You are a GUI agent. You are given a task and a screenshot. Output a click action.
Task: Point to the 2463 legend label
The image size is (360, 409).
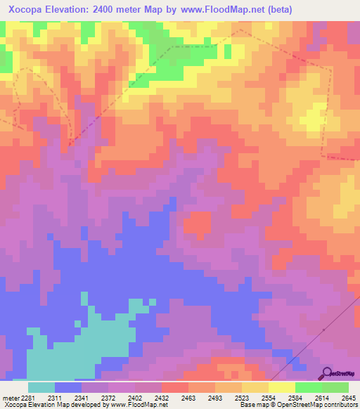189,398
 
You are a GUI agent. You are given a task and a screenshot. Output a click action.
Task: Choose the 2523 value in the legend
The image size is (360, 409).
241,398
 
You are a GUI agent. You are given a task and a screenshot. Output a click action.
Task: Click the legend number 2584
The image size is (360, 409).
295,398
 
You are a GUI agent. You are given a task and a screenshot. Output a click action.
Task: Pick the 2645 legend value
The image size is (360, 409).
348,398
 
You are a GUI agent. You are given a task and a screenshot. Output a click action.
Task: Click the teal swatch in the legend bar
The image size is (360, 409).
41,387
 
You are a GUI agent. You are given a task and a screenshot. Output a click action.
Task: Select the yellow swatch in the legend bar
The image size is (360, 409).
281,387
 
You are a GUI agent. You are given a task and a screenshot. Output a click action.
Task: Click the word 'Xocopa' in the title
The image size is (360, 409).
25,10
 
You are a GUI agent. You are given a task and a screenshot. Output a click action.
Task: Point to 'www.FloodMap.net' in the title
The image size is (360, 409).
219,10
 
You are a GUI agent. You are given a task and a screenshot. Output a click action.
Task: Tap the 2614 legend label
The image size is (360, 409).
322,398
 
